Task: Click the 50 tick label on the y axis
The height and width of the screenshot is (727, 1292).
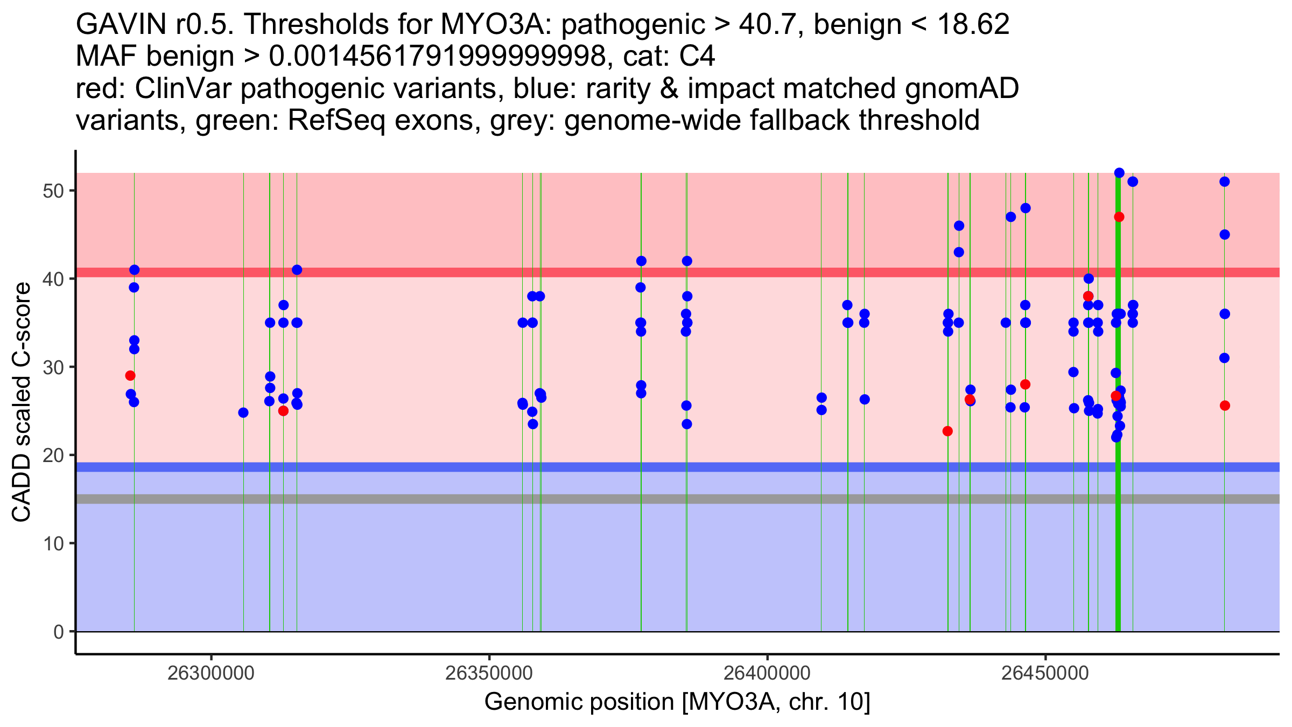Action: coord(53,191)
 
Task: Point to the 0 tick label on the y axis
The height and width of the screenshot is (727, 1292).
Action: coord(58,632)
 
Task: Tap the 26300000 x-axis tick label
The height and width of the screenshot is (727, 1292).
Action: coord(210,673)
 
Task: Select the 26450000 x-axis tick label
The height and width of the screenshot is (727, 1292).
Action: coord(1045,673)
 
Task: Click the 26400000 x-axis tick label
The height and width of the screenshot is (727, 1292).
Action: coord(767,673)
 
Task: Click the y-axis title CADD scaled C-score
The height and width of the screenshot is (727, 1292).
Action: coord(22,402)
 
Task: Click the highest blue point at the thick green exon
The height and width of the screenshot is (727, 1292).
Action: coord(1119,173)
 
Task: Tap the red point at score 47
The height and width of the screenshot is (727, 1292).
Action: coord(1119,217)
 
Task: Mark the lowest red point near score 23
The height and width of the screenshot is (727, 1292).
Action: coord(947,431)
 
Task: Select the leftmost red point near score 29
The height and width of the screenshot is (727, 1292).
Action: coord(130,375)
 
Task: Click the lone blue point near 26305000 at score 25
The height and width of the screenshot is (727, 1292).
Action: coord(243,413)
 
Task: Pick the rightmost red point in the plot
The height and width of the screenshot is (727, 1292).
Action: coord(1225,406)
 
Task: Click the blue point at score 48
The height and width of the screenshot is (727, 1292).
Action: coord(1026,208)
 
